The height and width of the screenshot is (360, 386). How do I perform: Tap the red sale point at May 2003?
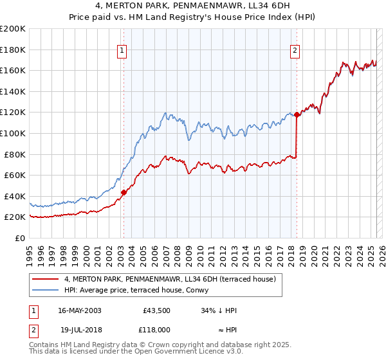tap(124, 192)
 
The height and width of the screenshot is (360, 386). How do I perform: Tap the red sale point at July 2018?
tap(297, 114)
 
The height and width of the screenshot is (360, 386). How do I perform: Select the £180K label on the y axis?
tap(13, 50)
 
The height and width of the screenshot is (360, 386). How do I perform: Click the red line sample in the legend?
tap(46, 279)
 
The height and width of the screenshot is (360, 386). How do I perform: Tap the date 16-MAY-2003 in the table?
tap(79, 310)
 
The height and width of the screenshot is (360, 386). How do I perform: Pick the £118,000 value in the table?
tap(156, 329)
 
